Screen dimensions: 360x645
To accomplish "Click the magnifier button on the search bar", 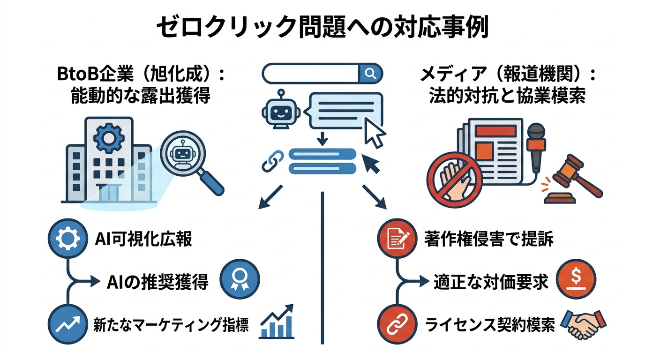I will coord(370,73).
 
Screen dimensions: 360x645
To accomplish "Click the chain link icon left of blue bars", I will coord(273,161).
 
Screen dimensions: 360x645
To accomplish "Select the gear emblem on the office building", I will coord(108,136).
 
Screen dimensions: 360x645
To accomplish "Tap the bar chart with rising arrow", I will coord(277,322).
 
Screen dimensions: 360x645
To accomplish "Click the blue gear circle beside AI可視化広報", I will coord(67,238).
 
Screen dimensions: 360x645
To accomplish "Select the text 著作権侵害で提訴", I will coord(488,239).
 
